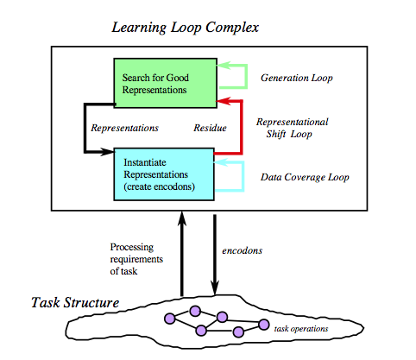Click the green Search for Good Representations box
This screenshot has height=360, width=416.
coord(166,83)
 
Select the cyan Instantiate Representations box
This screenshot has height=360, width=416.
coord(164,174)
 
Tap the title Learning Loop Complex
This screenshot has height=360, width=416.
coord(186,28)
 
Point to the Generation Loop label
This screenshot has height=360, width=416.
coord(297,78)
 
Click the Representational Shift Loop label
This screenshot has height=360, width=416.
coord(292,128)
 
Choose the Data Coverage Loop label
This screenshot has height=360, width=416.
coord(305,177)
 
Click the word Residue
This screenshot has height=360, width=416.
coord(210,128)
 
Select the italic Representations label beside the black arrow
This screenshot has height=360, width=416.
coord(124,128)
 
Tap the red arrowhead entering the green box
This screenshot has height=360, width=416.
coord(224,101)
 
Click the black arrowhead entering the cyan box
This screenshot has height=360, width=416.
coord(107,152)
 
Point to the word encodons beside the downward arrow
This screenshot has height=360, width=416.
coord(243,250)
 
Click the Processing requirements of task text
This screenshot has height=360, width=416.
coord(136,259)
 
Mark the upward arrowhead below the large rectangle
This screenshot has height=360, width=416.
coord(182,219)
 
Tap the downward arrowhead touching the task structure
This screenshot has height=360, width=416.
coord(215,287)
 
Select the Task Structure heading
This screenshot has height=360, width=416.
coord(75,303)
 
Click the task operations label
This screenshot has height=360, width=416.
coord(301,329)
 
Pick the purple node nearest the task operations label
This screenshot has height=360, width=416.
coord(263,325)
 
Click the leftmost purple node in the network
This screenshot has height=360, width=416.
coord(170,319)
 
